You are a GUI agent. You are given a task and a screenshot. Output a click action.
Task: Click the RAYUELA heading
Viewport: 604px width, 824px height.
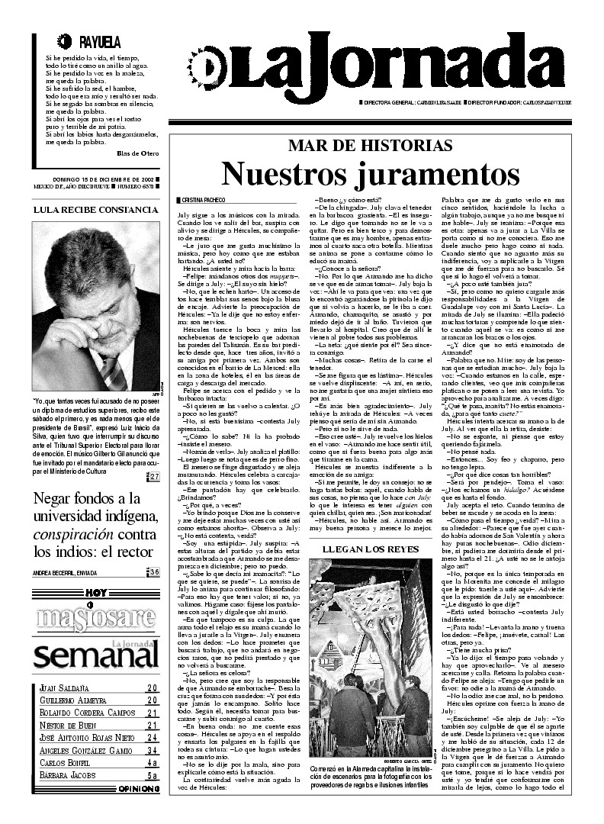(x=100, y=43)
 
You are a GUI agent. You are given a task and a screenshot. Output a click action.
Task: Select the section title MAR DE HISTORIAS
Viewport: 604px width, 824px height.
(x=370, y=146)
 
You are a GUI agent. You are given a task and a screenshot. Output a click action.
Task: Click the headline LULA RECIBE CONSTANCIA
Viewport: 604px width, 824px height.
(x=96, y=209)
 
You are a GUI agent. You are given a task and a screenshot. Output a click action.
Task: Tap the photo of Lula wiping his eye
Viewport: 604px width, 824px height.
(x=96, y=305)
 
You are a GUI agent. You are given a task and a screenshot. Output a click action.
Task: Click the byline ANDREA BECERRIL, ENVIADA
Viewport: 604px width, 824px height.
(x=71, y=572)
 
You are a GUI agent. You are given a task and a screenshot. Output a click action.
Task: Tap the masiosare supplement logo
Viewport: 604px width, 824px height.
(x=95, y=616)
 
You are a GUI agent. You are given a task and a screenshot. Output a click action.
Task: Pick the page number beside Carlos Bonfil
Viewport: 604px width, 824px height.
(x=153, y=763)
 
